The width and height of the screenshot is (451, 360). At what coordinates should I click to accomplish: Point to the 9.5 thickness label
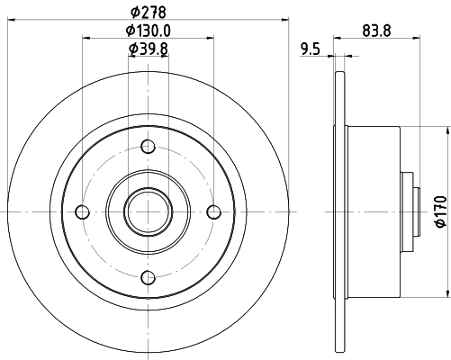coord(310,50)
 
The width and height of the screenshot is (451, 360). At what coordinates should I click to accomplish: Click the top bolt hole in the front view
coord(149,147)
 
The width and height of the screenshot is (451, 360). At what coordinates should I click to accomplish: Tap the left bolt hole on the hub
coord(84,211)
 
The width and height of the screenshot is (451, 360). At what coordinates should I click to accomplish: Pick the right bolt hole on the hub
coord(213,211)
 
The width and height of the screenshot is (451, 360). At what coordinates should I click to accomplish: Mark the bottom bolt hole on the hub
coord(149,276)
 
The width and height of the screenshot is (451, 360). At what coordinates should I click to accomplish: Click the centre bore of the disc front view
coord(149,211)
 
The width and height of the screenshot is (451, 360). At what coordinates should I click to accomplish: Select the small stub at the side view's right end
coord(418,211)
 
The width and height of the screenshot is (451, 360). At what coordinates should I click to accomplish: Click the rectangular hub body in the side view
coord(374,211)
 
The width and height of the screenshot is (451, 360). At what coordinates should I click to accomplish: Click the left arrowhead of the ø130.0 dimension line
coord(86,39)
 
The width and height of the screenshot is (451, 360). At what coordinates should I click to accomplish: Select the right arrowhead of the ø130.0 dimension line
coord(212,39)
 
